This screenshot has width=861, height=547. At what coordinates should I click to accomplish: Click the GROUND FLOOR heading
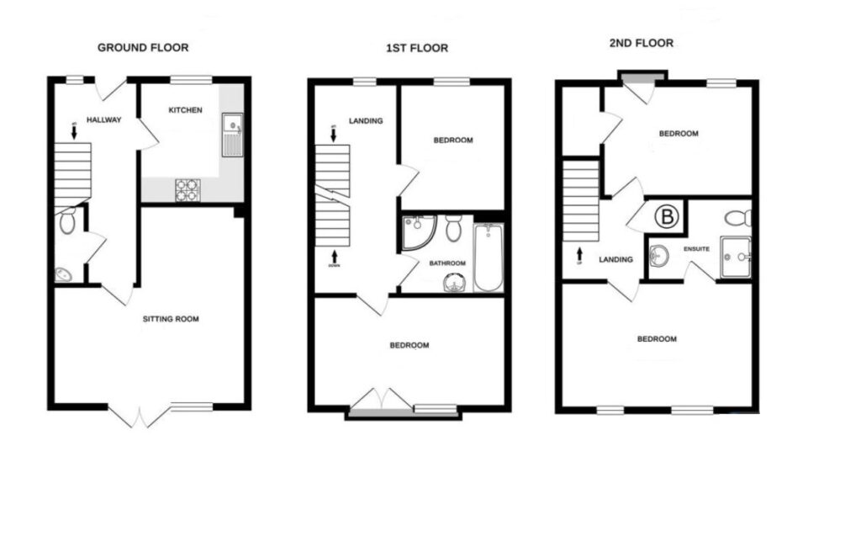pos(142,47)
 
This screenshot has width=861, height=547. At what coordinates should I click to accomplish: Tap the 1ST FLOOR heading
pos(411,48)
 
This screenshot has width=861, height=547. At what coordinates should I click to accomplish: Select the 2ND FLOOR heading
pos(642,43)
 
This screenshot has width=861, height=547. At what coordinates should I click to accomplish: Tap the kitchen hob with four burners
pos(187,191)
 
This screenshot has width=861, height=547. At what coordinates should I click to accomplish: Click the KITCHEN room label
pos(185,110)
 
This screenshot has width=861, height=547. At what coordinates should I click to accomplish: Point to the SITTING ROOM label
pos(171,319)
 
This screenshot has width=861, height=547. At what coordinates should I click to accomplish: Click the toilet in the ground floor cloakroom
pos(68,221)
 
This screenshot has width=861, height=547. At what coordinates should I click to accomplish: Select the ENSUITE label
pos(697,249)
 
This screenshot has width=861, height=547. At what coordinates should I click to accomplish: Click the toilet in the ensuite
pos(737,218)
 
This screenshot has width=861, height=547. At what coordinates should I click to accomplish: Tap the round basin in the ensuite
pos(660,254)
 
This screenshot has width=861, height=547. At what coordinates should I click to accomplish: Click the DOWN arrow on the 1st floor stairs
pos(335,257)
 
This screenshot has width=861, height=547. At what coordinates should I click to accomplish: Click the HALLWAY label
pos(104,120)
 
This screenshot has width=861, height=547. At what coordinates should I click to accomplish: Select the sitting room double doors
pos(140,416)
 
